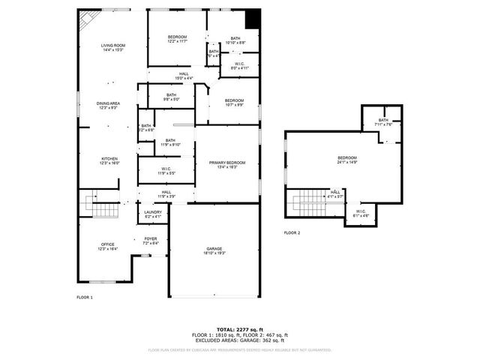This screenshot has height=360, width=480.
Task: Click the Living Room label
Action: coord(113,48)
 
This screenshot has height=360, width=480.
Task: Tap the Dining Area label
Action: coord(108,105)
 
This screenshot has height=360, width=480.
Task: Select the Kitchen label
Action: coord(109,160)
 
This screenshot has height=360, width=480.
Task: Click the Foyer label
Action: coord(151,241)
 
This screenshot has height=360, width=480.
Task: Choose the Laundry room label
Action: coord(152,214)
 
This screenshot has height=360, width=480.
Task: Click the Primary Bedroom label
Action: coord(226,164)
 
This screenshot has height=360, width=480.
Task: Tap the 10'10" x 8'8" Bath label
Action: coord(235,40)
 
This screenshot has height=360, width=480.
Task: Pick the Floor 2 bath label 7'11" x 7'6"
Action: coord(383,122)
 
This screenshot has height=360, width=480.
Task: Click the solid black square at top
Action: coord(253,17)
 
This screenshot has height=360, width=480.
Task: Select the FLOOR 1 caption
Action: coord(85,298)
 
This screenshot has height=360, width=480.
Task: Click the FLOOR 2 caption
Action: coord(292,233)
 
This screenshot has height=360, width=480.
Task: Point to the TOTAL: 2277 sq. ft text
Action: coord(240,329)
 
